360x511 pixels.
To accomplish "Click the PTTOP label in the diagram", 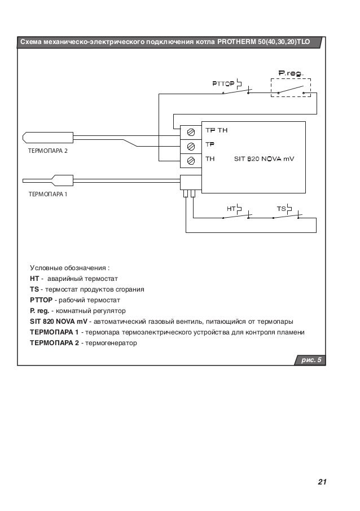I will (x=223, y=84).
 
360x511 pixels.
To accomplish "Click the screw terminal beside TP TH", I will (x=191, y=132).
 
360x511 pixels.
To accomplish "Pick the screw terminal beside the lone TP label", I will (x=191, y=146).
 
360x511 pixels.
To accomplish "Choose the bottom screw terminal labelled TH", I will (x=191, y=160).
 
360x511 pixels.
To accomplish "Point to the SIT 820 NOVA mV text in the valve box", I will (x=264, y=159).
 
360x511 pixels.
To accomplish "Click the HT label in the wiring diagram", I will (x=230, y=209).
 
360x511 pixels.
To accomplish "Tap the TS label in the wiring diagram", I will (x=280, y=209).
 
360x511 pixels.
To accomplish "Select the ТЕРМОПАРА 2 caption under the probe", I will (x=47, y=152).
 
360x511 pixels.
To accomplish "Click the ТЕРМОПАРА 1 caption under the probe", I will (x=47, y=193).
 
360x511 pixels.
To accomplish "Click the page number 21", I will (x=322, y=482).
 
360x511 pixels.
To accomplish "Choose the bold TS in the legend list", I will (x=34, y=289).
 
